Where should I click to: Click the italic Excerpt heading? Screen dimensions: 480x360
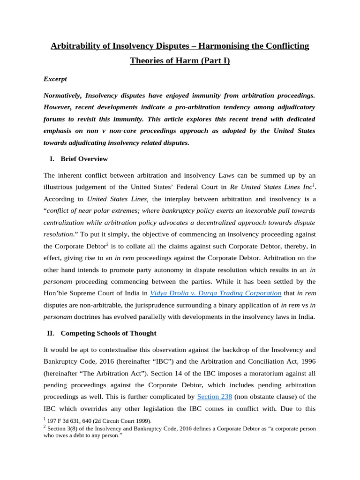[55, 79]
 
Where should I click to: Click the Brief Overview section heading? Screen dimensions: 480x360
[84, 159]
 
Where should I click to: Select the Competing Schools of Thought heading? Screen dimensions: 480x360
[108, 333]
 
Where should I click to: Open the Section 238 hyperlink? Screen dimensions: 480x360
[215, 397]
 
